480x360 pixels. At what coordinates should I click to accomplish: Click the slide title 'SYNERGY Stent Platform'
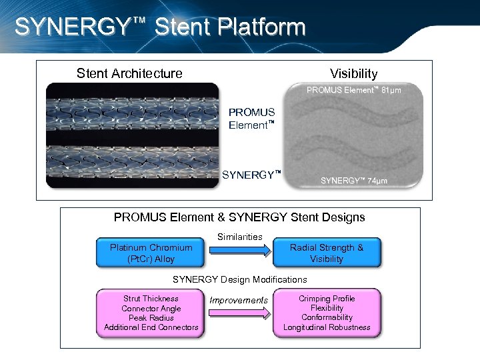coord(159,27)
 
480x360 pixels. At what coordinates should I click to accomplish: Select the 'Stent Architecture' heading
coord(129,73)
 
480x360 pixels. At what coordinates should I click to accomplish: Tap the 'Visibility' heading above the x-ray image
coord(353,73)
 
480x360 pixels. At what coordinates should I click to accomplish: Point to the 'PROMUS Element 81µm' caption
coord(353,90)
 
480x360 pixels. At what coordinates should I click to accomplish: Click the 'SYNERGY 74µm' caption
coord(354,181)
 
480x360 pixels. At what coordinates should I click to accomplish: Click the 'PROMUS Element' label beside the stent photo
coord(252,119)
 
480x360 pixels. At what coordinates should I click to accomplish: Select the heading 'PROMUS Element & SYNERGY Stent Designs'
coord(239,217)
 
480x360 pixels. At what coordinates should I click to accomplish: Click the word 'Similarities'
coord(240,237)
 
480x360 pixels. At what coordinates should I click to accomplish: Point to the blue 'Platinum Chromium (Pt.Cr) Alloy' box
coord(151,253)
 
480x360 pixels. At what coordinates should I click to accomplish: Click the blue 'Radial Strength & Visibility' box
coord(327,253)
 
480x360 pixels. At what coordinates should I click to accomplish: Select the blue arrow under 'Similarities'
coord(240,250)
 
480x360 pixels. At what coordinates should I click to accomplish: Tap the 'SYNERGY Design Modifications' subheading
coord(240,279)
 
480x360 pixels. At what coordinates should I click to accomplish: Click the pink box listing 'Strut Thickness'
coord(151,313)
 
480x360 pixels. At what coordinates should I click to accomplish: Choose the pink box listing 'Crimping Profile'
coord(327,313)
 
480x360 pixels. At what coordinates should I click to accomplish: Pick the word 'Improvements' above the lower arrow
coord(239,301)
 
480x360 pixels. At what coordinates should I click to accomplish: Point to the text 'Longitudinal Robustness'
coord(327,327)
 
